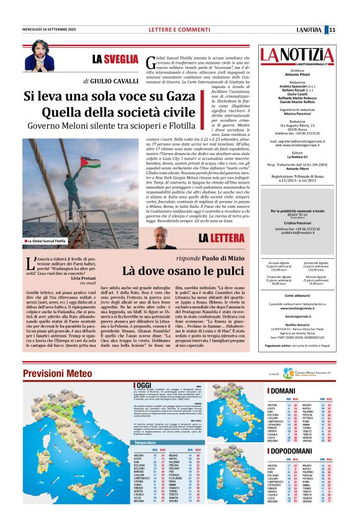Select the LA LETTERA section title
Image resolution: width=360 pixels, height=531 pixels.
[221, 238]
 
